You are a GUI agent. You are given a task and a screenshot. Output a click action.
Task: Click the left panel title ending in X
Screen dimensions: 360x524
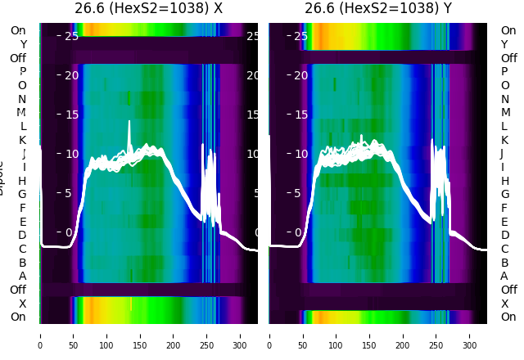point(148,9)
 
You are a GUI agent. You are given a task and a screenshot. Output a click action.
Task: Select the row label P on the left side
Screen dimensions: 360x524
point(22,72)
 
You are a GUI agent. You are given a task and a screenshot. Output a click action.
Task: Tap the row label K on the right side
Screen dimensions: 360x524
point(505,140)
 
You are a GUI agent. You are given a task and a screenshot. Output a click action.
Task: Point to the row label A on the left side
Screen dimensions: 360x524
point(22,277)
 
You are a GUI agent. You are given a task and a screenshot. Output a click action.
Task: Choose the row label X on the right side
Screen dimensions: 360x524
point(508,304)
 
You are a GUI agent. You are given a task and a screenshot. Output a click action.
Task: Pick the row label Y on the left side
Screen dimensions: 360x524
point(23,45)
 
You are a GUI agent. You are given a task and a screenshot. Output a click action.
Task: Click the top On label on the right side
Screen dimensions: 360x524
point(508,31)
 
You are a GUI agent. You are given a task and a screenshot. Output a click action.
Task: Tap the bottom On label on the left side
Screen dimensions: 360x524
point(18,317)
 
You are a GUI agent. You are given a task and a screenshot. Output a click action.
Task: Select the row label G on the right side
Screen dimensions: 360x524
point(505,195)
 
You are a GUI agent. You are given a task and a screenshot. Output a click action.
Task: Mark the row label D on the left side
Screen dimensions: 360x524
point(22,236)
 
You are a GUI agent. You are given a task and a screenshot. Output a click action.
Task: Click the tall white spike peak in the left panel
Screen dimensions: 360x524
point(129,123)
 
